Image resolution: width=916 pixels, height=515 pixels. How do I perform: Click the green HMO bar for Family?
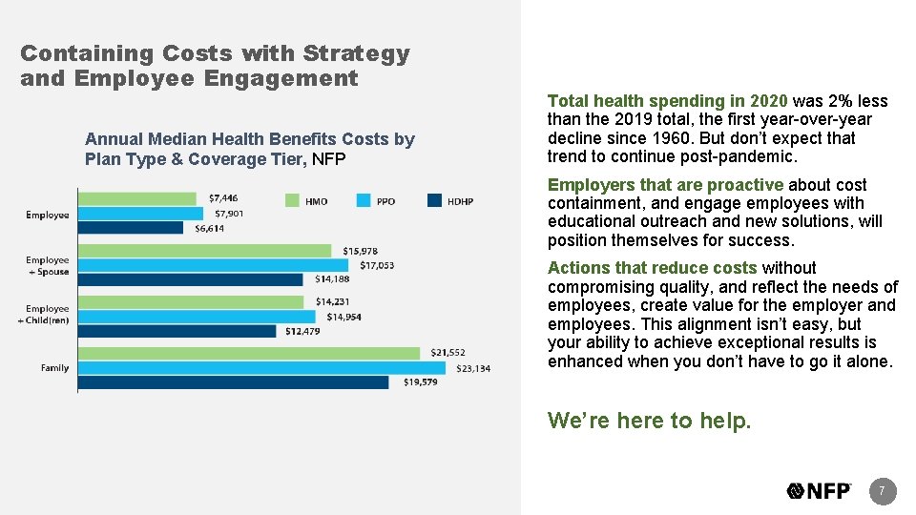248,353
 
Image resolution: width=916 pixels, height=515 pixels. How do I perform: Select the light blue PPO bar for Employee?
140,214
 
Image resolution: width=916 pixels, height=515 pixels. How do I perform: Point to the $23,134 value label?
473,368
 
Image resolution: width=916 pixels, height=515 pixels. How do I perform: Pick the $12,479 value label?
302,331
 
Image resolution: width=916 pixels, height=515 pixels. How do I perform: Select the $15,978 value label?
364,251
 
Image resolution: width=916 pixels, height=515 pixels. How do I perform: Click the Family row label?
54,367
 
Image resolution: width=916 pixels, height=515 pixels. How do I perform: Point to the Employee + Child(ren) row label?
47,315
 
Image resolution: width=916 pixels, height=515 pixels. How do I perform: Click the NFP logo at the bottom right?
820,491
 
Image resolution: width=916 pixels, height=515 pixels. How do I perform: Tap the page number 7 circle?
882,491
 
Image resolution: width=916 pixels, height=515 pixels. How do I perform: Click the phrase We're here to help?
649,421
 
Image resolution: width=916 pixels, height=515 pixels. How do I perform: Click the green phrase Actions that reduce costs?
653,269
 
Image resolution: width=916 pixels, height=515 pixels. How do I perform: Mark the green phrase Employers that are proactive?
665,185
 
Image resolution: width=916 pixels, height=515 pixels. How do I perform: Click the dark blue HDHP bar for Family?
233,382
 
